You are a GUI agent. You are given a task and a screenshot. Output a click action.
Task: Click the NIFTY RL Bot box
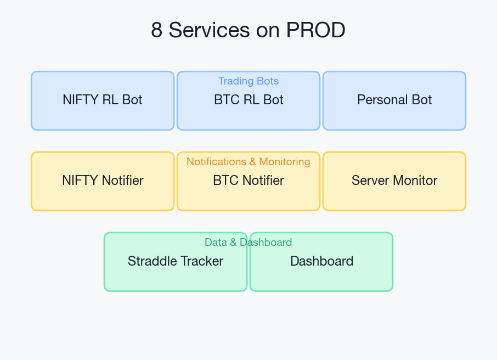click(103, 100)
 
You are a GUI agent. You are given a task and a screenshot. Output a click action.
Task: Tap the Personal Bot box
click(394, 100)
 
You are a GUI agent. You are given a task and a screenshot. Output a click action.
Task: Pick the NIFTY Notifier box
click(103, 181)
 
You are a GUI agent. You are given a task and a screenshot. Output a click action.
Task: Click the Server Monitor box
click(394, 181)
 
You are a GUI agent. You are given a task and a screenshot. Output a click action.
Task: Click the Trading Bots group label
click(248, 81)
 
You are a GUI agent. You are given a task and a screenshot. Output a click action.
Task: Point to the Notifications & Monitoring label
click(248, 162)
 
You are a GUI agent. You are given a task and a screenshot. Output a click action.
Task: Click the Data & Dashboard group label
click(248, 243)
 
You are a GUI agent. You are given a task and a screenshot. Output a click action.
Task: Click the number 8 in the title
click(157, 30)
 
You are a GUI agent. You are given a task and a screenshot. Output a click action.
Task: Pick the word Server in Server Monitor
click(369, 181)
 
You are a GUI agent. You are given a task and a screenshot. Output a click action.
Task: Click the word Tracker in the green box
click(203, 261)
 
